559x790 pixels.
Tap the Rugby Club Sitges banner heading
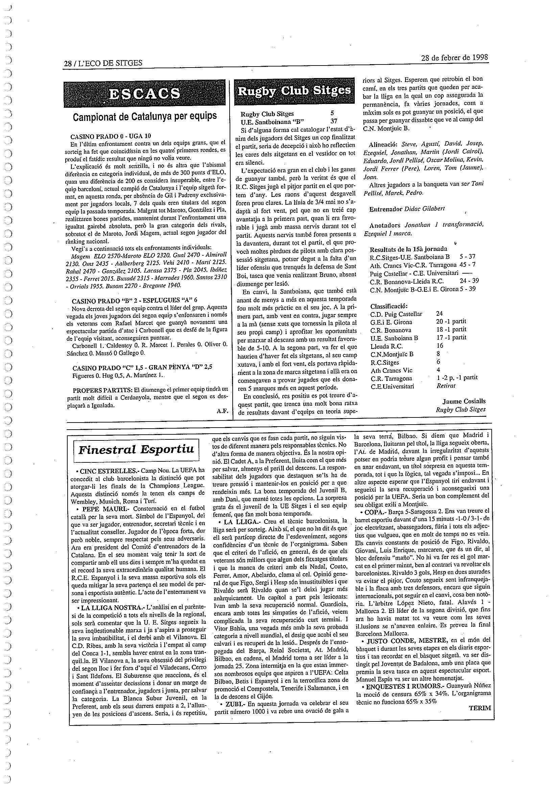tap(294, 91)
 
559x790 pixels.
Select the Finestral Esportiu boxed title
tap(136, 449)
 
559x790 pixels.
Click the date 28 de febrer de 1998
tap(455, 57)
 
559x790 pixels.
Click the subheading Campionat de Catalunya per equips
tap(145, 117)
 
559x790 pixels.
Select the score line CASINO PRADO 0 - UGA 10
tap(111, 136)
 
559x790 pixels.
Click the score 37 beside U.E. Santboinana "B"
tap(333, 121)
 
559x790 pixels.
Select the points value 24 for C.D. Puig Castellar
tap(440, 313)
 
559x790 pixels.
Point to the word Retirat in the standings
tap(446, 386)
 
